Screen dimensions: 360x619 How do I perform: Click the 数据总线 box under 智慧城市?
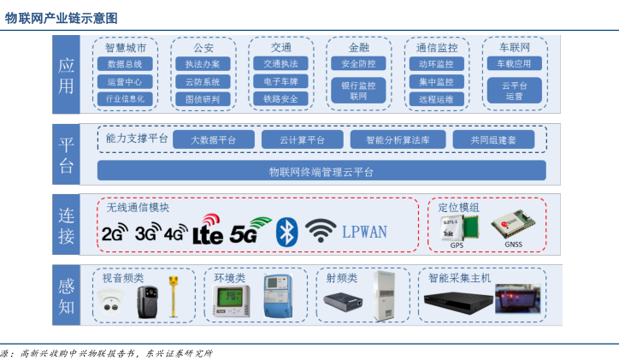pos(125,64)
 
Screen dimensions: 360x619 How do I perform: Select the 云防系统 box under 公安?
pos(203,81)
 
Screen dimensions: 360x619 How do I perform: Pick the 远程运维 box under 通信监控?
pos(436,98)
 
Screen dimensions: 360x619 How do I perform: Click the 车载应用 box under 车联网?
pos(514,64)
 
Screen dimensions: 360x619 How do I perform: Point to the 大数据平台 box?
pos(214,139)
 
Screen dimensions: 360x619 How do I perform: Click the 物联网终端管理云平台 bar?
pos(321,171)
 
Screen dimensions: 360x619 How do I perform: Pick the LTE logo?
pos(208,232)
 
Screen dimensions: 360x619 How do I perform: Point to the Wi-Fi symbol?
pos(321,230)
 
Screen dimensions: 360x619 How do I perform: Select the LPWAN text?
pos(364,231)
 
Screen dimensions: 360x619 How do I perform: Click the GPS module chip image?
pos(456,227)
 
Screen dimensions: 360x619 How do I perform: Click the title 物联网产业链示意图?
pos(62,17)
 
